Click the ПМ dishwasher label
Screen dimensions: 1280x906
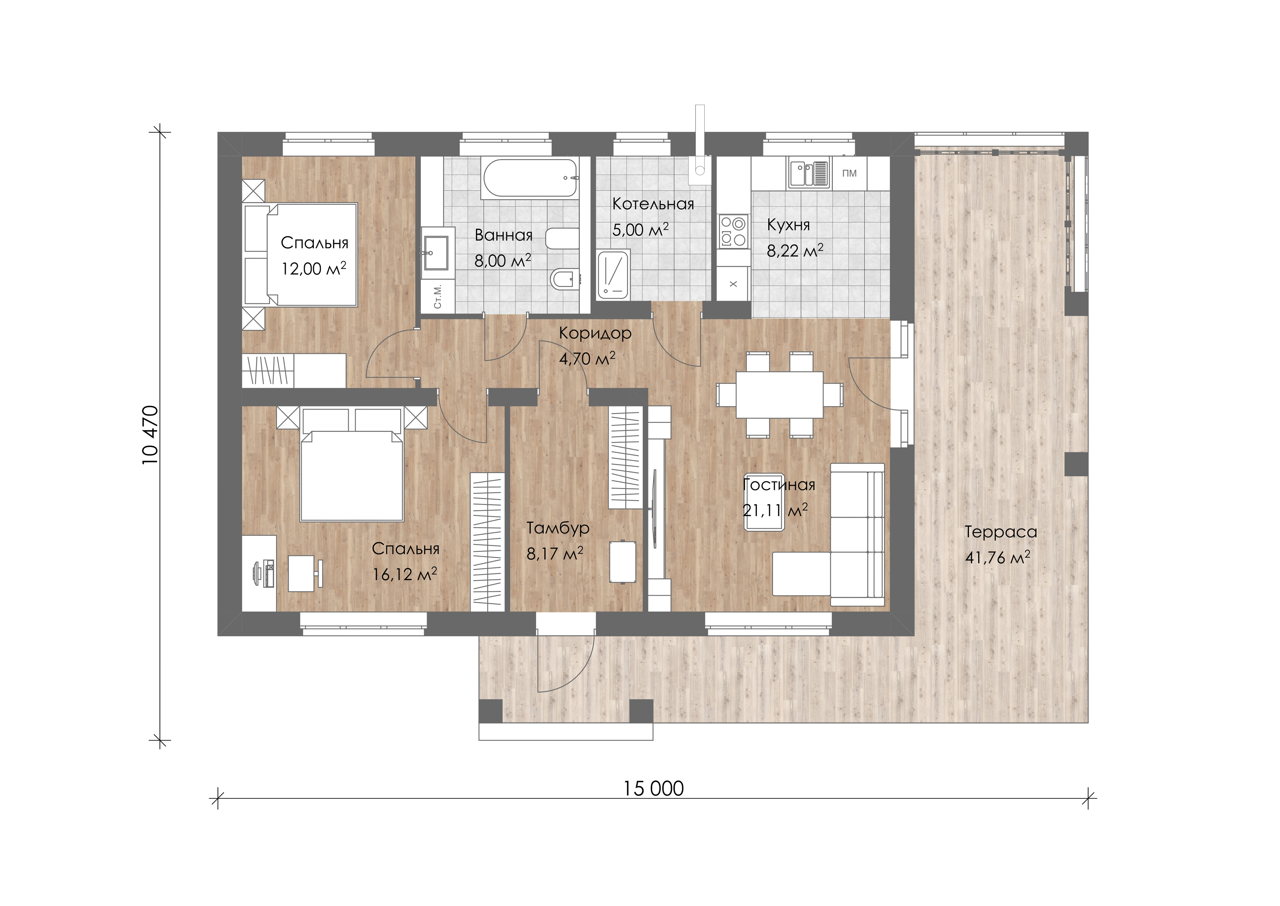[849, 174]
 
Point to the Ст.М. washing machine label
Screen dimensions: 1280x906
[438, 296]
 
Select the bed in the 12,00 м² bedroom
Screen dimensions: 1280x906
[301, 254]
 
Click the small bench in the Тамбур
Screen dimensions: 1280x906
[623, 562]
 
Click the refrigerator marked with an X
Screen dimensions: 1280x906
[733, 284]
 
